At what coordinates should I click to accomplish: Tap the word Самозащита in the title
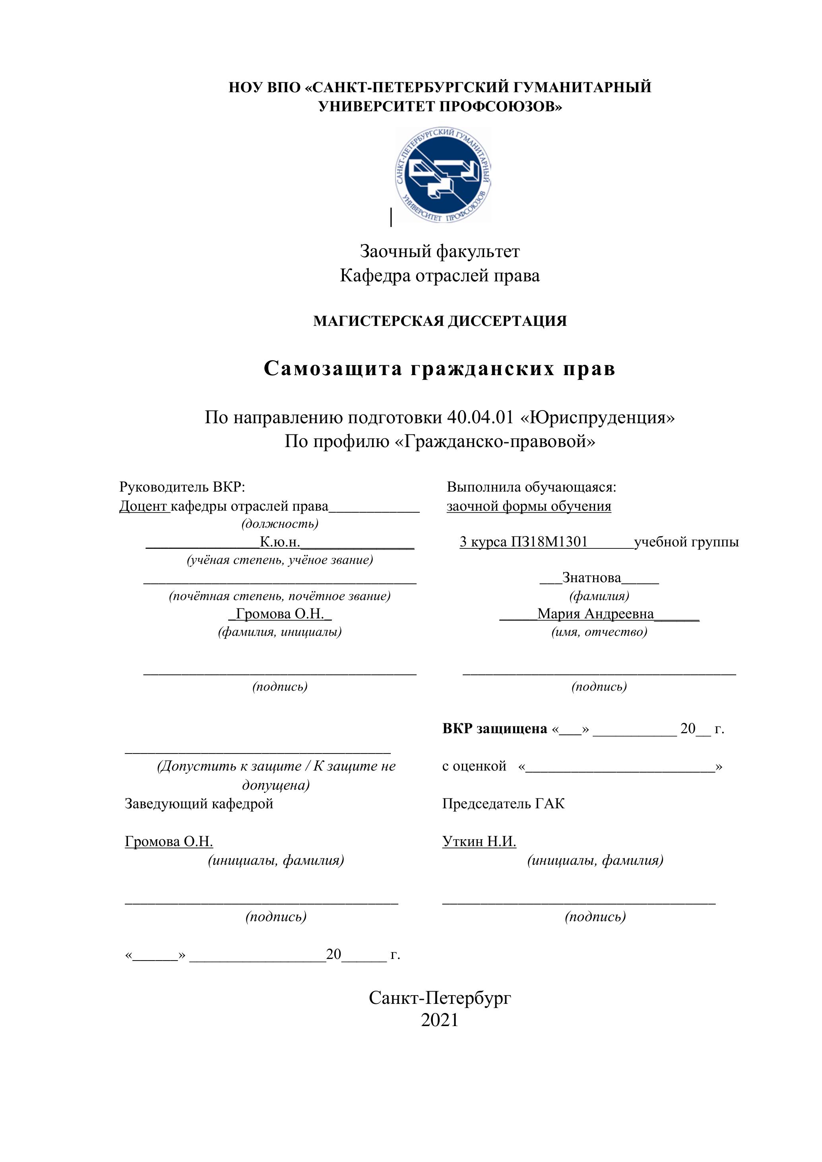pos(333,369)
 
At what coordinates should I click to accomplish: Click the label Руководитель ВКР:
pos(182,487)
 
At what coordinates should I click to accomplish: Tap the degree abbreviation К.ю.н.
pos(280,542)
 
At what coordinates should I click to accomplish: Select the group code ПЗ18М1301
pos(549,542)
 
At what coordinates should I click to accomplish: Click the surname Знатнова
pos(591,577)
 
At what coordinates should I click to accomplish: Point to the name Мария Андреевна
pos(595,614)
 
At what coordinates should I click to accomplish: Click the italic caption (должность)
pos(280,523)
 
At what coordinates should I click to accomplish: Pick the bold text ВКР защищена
pos(494,729)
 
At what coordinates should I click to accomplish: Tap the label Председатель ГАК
pos(503,804)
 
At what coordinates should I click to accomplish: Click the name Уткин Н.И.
pos(479,842)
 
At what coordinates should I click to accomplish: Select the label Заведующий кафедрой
pos(199,804)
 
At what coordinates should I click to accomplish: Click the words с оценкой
pos(474,766)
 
